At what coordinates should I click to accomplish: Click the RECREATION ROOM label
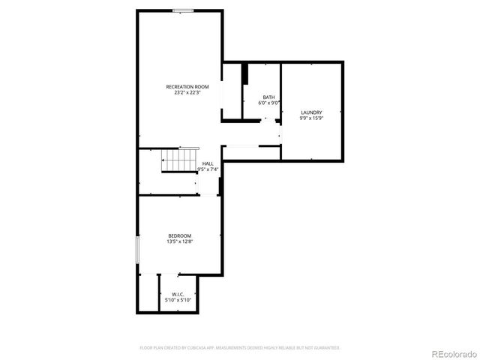187,87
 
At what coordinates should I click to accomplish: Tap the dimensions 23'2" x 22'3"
187,93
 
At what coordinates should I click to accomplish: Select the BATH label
268,97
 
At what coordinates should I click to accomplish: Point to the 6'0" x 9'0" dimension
268,103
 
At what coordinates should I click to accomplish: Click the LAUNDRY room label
311,112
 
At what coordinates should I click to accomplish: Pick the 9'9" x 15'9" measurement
311,118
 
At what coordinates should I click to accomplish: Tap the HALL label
208,163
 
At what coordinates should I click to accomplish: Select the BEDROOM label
179,235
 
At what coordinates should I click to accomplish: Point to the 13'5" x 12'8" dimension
179,241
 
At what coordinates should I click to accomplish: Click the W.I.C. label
178,294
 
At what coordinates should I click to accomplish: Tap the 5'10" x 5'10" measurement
178,300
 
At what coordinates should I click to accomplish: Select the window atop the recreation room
182,10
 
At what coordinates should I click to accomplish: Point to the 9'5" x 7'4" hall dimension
208,169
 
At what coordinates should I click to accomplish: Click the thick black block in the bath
244,75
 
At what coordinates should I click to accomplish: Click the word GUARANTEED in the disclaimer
326,348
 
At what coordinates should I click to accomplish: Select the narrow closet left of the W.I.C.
148,293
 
